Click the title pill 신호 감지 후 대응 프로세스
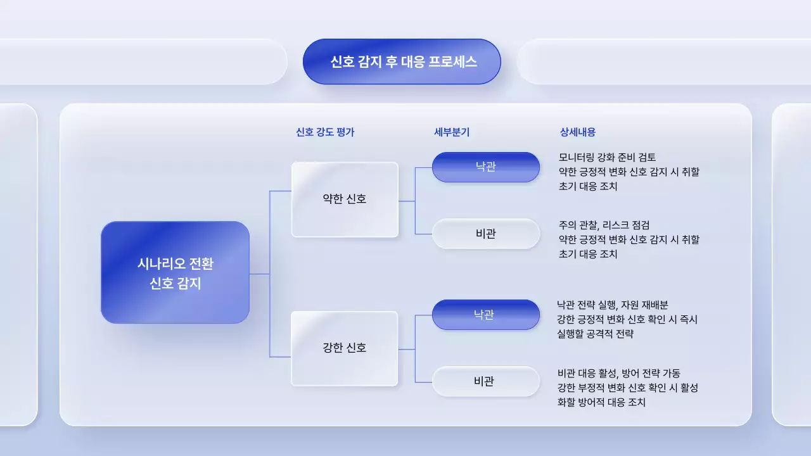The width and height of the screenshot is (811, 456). pyautogui.click(x=402, y=61)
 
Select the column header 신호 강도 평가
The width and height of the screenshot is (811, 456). pyautogui.click(x=325, y=132)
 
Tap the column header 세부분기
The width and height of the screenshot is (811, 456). pyautogui.click(x=452, y=132)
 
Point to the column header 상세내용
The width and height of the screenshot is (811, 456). pyautogui.click(x=578, y=132)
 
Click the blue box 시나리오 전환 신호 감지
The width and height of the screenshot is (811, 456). pyautogui.click(x=175, y=272)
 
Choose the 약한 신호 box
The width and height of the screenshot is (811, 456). pyautogui.click(x=345, y=199)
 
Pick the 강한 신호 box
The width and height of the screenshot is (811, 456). pyautogui.click(x=345, y=348)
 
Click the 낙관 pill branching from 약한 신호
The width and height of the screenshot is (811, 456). pyautogui.click(x=486, y=167)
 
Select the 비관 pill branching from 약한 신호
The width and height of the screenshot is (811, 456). pyautogui.click(x=486, y=234)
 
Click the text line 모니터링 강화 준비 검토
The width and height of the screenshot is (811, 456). pyautogui.click(x=608, y=157)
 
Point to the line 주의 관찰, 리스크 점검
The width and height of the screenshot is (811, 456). pyautogui.click(x=604, y=225)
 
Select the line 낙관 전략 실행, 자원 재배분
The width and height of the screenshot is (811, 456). pyautogui.click(x=608, y=305)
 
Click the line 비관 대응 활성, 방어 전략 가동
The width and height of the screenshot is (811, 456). pyautogui.click(x=618, y=374)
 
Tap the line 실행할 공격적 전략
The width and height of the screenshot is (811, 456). pyautogui.click(x=595, y=334)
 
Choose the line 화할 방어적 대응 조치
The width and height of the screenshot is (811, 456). pyautogui.click(x=601, y=402)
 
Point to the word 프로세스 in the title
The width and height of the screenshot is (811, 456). pyautogui.click(x=452, y=61)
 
